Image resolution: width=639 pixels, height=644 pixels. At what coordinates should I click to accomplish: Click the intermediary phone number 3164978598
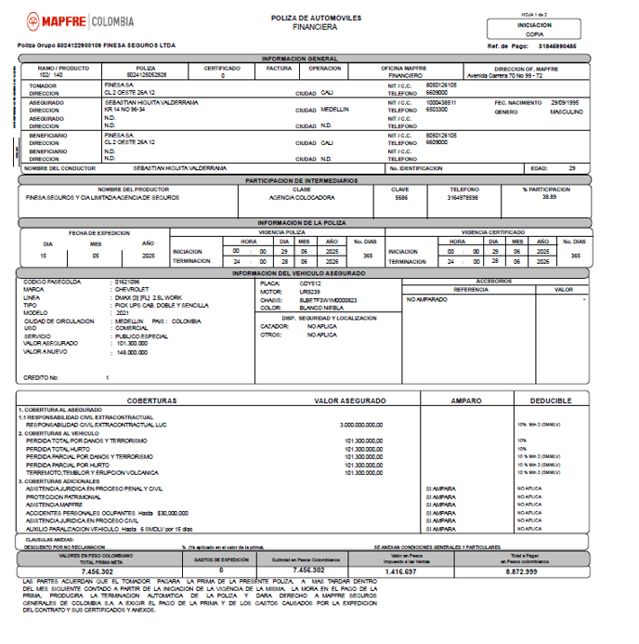click(464, 197)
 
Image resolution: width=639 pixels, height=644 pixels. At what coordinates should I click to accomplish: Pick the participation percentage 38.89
click(550, 197)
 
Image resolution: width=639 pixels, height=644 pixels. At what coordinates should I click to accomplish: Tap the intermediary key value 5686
click(400, 197)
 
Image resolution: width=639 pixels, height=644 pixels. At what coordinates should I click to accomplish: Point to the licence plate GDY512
click(297, 282)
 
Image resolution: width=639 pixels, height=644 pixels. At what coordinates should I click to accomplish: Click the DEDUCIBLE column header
click(551, 401)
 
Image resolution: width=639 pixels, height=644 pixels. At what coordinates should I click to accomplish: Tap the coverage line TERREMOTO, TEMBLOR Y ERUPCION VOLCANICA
click(94, 471)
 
